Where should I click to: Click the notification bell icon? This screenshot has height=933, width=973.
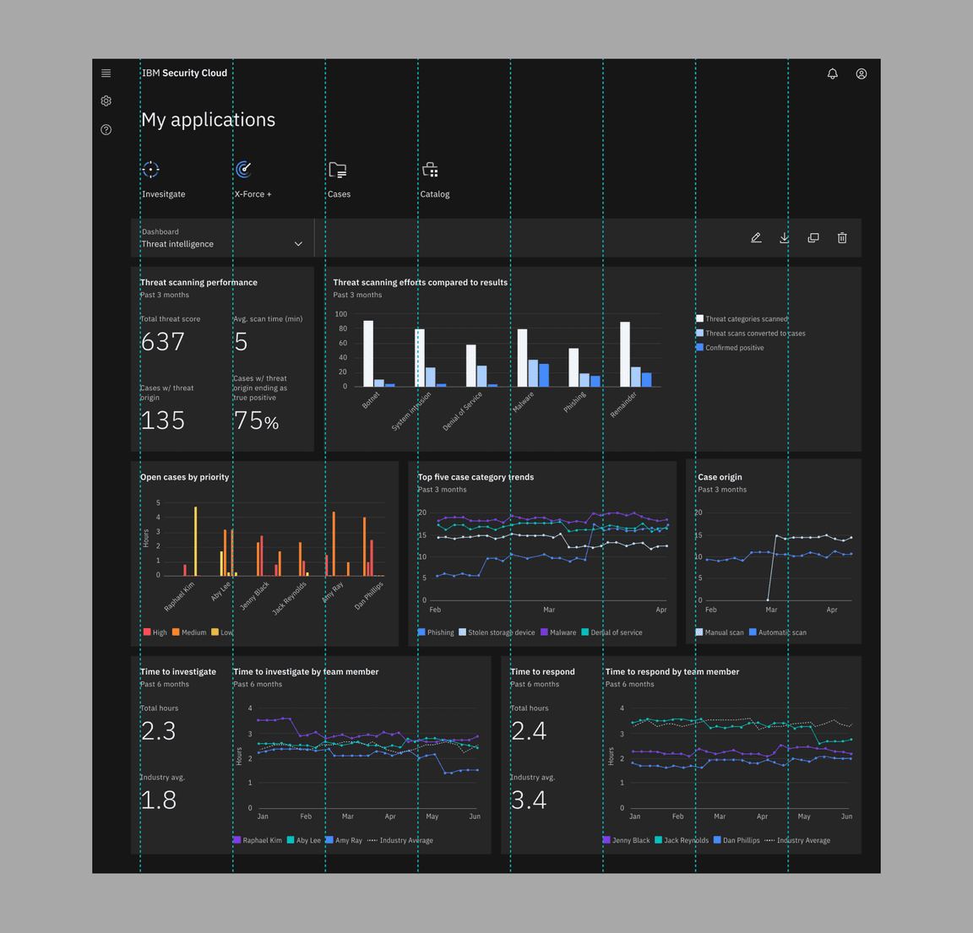[x=832, y=73]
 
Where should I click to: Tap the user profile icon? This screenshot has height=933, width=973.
[x=861, y=73]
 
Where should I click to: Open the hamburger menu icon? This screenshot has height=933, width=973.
[x=106, y=73]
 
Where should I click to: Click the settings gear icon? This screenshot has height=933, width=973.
[x=106, y=101]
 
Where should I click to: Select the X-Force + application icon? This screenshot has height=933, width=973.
[x=244, y=170]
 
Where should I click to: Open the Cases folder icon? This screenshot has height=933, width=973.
[x=338, y=170]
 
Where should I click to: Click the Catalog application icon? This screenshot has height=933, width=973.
[x=430, y=170]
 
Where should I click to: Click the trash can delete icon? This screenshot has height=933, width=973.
[x=842, y=238]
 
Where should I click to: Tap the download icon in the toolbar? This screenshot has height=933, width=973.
[x=785, y=238]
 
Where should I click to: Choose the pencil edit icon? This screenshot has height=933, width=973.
[x=756, y=238]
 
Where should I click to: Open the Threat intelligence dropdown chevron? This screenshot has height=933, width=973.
[x=298, y=244]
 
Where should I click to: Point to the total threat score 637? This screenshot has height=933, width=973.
[x=163, y=342]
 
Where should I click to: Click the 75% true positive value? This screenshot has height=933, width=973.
[x=256, y=420]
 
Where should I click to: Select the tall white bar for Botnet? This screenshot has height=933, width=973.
[x=368, y=353]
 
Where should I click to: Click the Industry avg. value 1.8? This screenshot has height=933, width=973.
[x=159, y=800]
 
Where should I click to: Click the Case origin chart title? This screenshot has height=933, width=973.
[x=720, y=477]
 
